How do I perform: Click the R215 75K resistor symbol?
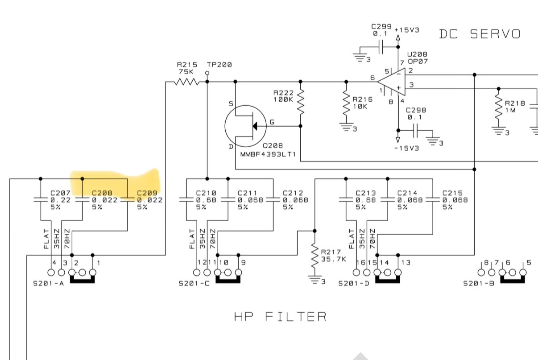186,82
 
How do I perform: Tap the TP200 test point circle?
207,73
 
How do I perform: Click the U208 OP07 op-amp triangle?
391,82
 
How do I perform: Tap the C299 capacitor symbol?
381,46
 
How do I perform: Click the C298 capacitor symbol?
416,130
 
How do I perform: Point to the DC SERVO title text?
480,34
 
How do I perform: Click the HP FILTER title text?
280,317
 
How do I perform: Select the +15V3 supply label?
406,30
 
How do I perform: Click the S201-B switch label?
479,283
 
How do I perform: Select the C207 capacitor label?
60,193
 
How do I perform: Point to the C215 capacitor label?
452,193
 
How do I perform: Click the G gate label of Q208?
272,122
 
